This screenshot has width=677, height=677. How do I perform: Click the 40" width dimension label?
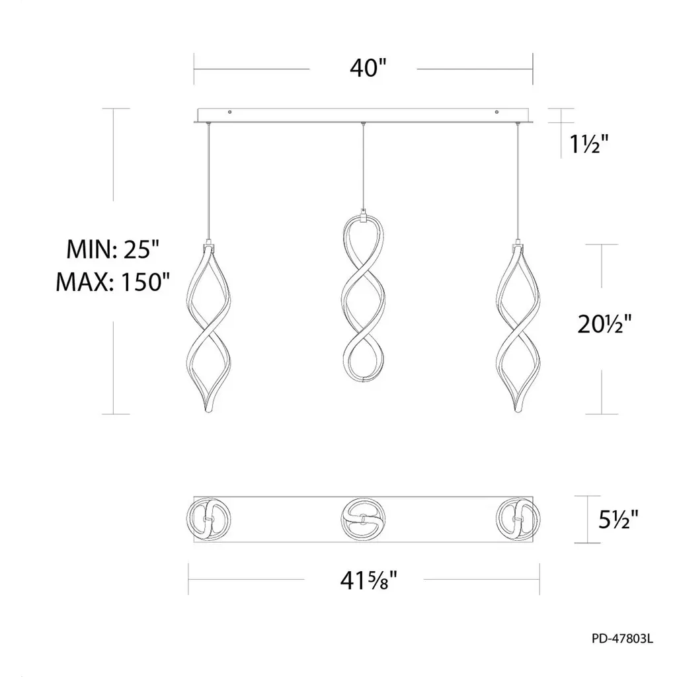tap(368, 68)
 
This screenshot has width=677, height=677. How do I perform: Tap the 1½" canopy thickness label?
tap(588, 143)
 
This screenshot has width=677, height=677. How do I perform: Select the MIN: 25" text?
tap(113, 249)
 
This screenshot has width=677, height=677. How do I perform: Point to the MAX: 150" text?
tap(113, 282)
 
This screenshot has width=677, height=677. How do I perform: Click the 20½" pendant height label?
tap(604, 323)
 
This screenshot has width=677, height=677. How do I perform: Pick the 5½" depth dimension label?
tap(618, 520)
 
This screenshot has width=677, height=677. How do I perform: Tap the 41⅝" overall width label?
tap(368, 580)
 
